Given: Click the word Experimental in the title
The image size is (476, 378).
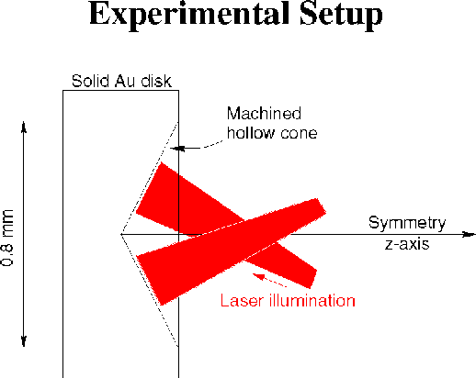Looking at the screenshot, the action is click(x=189, y=15).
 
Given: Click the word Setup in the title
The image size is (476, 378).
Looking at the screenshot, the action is click(x=341, y=15).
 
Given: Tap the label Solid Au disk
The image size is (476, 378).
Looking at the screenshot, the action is click(x=121, y=81).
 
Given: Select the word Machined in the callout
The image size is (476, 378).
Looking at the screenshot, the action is click(x=264, y=113).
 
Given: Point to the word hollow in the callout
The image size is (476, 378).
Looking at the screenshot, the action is click(x=251, y=133).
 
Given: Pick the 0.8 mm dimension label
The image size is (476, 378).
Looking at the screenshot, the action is click(x=7, y=238).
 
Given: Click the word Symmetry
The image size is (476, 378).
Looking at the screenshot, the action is click(x=407, y=223).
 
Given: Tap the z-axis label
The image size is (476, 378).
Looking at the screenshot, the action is click(x=407, y=244).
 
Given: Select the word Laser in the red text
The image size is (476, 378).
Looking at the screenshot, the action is click(x=242, y=300).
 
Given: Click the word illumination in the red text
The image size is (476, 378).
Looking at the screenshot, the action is click(x=312, y=300).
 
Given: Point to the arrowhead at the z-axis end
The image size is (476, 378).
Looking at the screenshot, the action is click(x=470, y=234).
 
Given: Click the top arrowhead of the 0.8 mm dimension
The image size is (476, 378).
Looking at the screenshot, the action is click(x=24, y=127).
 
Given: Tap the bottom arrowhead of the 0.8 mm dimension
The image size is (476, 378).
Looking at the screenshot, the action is click(x=24, y=341).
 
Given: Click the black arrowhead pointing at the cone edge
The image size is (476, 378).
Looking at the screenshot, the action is click(x=177, y=149).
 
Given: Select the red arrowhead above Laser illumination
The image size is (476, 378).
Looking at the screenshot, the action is click(x=258, y=276).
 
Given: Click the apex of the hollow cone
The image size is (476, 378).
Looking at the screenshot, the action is click(x=121, y=234).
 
